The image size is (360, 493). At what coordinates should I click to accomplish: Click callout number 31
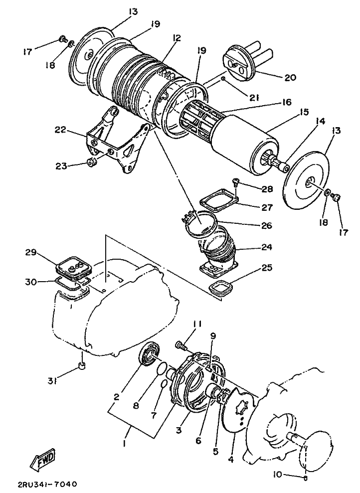click(52, 382)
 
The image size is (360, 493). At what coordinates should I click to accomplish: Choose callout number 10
click(278, 474)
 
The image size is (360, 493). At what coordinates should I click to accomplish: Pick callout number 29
click(31, 252)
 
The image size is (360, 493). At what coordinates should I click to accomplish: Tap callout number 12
click(177, 38)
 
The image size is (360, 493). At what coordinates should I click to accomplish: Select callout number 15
click(304, 112)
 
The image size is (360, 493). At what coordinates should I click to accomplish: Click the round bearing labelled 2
click(150, 355)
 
